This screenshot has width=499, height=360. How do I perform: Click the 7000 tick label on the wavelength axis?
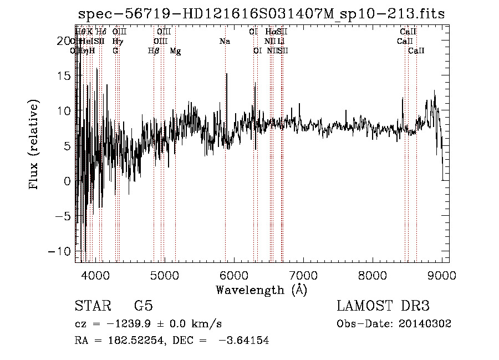tap(303, 276)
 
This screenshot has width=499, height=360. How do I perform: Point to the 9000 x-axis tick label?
tap(442, 276)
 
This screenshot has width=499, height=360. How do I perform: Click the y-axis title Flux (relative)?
tap(34, 145)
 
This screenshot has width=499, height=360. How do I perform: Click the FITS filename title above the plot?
tap(261, 14)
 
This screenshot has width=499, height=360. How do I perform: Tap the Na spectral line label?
tap(225, 42)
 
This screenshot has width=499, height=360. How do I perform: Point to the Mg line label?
tap(175, 51)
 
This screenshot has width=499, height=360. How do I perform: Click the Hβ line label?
tap(154, 51)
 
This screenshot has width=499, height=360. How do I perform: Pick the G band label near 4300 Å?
tap(115, 51)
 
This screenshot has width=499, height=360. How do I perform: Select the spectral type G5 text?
tap(143, 307)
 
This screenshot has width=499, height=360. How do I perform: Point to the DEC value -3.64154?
tap(244, 341)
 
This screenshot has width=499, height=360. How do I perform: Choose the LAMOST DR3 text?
tap(383, 307)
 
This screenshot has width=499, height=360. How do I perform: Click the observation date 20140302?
tap(427, 324)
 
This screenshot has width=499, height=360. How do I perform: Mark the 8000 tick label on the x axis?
tap(373, 276)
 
